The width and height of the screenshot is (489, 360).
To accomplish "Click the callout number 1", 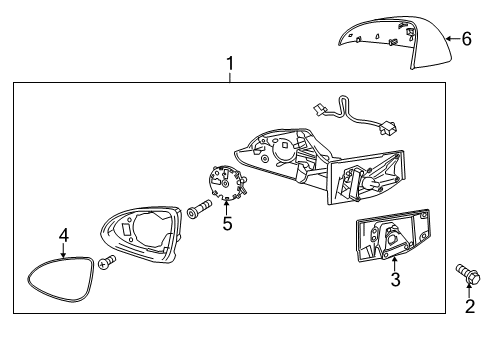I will pyautogui.click(x=230, y=65).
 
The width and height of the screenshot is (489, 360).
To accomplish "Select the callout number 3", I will pyautogui.click(x=395, y=281).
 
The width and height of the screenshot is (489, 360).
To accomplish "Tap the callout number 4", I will pyautogui.click(x=63, y=236).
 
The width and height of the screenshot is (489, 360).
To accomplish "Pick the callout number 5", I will pyautogui.click(x=227, y=224).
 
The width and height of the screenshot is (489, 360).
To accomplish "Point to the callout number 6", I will pyautogui.click(x=465, y=39).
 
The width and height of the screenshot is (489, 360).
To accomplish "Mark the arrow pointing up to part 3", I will pyautogui.click(x=395, y=262).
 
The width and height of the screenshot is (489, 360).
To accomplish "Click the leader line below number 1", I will pyautogui.click(x=230, y=78).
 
